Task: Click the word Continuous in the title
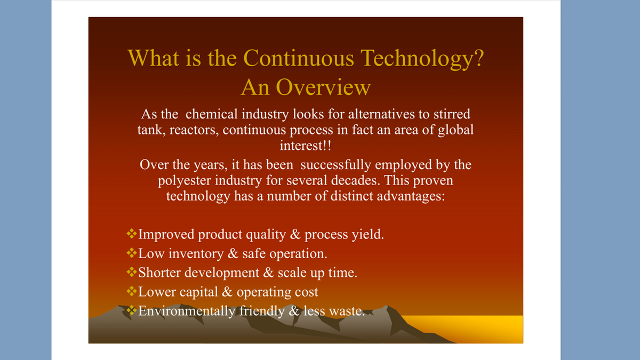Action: click(299, 58)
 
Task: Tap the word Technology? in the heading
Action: click(422, 59)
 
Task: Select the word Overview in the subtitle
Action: click(323, 87)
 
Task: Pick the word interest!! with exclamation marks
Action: click(306, 146)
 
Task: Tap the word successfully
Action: click(335, 165)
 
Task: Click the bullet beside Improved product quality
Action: click(131, 234)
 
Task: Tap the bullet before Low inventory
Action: click(131, 253)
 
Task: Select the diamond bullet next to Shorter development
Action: click(131, 271)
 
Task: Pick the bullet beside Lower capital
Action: click(131, 291)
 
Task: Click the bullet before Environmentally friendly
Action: click(131, 310)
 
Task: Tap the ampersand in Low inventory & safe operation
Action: click(233, 253)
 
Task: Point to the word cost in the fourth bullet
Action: click(307, 292)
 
